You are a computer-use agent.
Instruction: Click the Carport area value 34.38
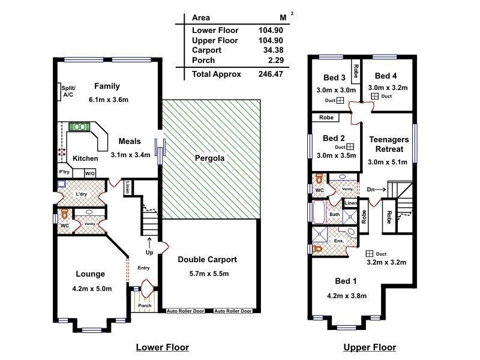click(273, 50)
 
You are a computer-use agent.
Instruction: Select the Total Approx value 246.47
click(271, 74)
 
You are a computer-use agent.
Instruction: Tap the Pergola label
click(209, 158)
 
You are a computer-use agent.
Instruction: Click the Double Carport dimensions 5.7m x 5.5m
click(209, 274)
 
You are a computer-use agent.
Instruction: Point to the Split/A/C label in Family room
click(68, 91)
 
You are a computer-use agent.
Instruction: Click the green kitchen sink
click(79, 127)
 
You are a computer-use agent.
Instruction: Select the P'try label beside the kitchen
click(64, 172)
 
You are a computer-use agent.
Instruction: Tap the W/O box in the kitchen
click(89, 173)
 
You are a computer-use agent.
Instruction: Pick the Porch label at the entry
click(145, 305)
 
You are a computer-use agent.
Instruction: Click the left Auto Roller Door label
click(185, 311)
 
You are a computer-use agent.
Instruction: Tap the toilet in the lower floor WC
click(65, 214)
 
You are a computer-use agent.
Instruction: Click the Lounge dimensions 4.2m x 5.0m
click(92, 289)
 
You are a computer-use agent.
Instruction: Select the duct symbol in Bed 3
click(340, 100)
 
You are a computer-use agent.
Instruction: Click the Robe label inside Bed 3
click(356, 71)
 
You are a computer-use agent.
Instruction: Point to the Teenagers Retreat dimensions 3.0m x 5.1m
click(387, 162)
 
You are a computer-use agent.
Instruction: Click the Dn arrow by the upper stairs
click(380, 190)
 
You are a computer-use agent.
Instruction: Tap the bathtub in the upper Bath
click(319, 212)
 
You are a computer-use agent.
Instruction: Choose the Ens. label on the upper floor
click(339, 241)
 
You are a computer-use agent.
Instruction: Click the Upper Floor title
click(370, 347)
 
